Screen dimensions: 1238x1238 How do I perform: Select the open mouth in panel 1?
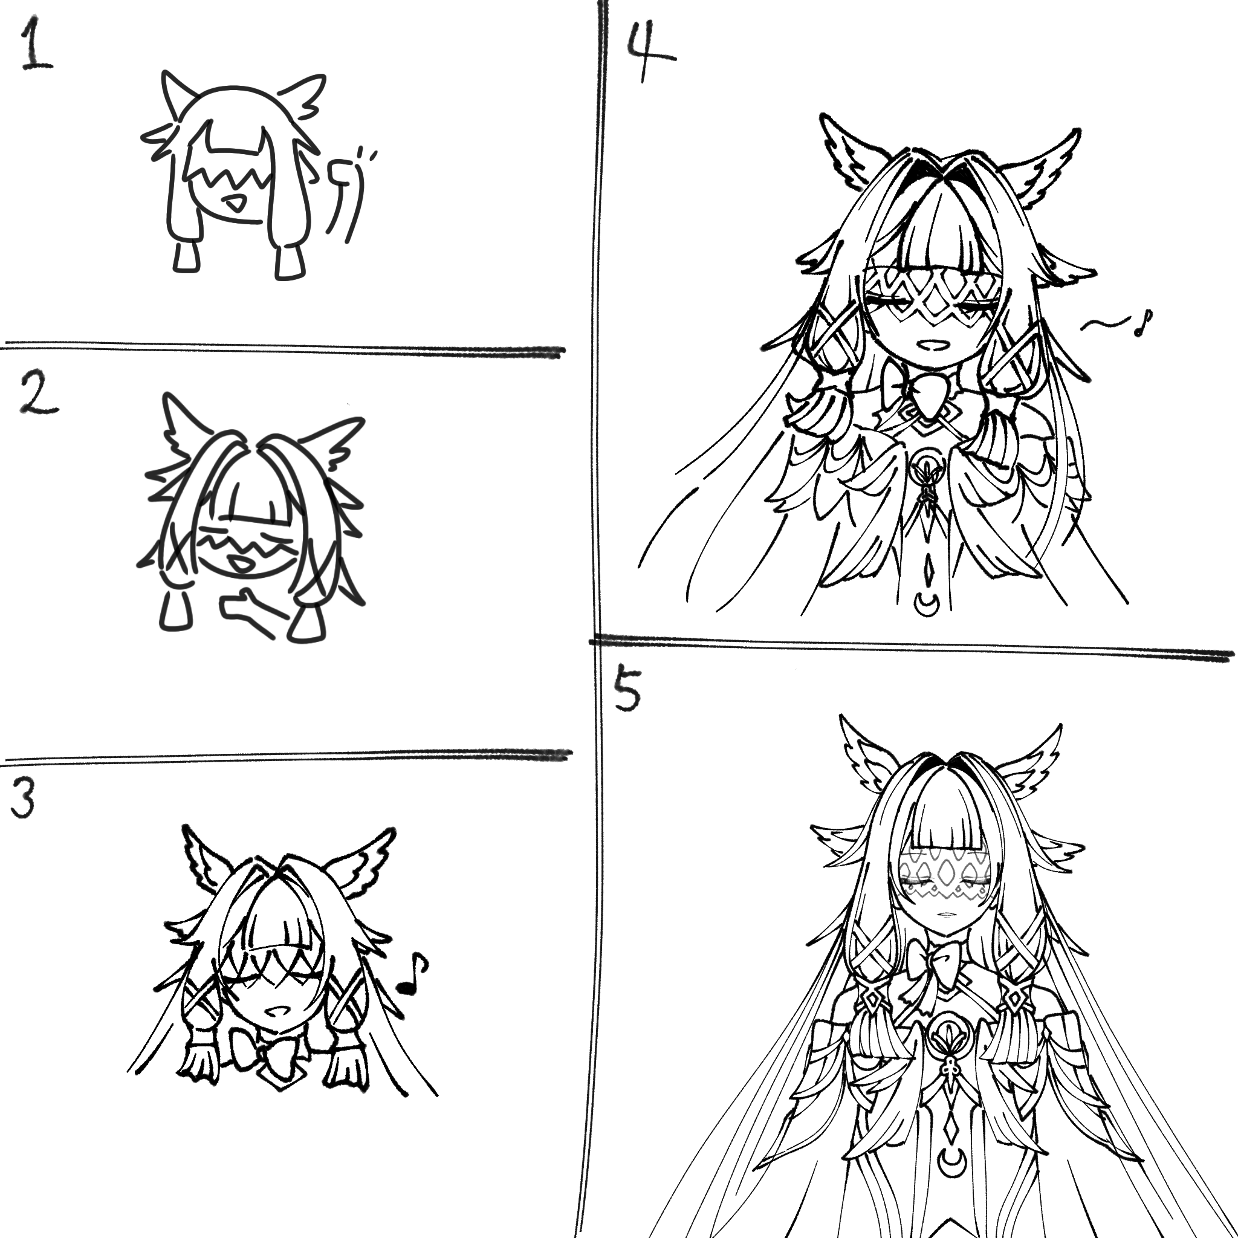pyautogui.click(x=234, y=204)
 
